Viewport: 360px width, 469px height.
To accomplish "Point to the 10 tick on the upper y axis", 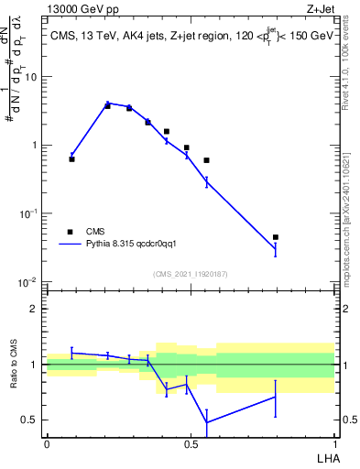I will (x=32, y=77).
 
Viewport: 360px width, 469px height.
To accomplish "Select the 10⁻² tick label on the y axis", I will (x=30, y=281).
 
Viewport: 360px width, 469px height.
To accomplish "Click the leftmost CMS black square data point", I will (x=71, y=159).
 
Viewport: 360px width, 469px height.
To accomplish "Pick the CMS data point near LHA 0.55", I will (x=206, y=160).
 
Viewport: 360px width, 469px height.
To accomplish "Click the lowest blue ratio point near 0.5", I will (x=206, y=422).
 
